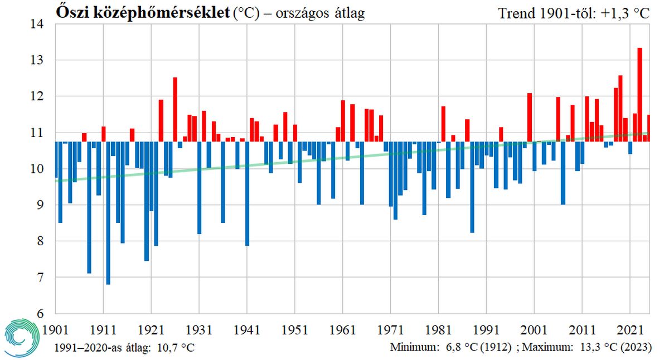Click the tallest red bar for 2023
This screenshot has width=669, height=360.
pyautogui.click(x=639, y=95)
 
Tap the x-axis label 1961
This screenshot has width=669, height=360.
pyautogui.click(x=342, y=329)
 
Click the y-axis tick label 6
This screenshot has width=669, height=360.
pyautogui.click(x=40, y=314)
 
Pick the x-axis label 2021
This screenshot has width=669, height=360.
pyautogui.click(x=629, y=329)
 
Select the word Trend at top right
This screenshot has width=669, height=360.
pyautogui.click(x=516, y=13)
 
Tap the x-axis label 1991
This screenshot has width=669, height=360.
pyautogui.click(x=486, y=329)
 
